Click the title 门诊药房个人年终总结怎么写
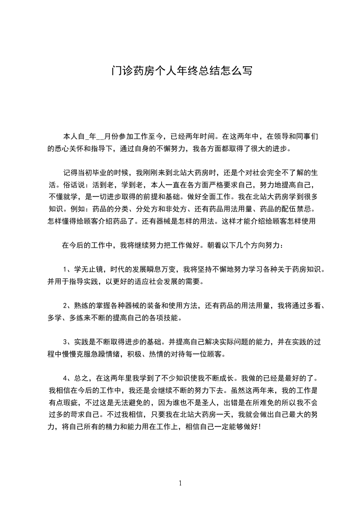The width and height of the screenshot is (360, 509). [x=181, y=71]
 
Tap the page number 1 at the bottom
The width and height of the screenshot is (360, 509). [x=180, y=483]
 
